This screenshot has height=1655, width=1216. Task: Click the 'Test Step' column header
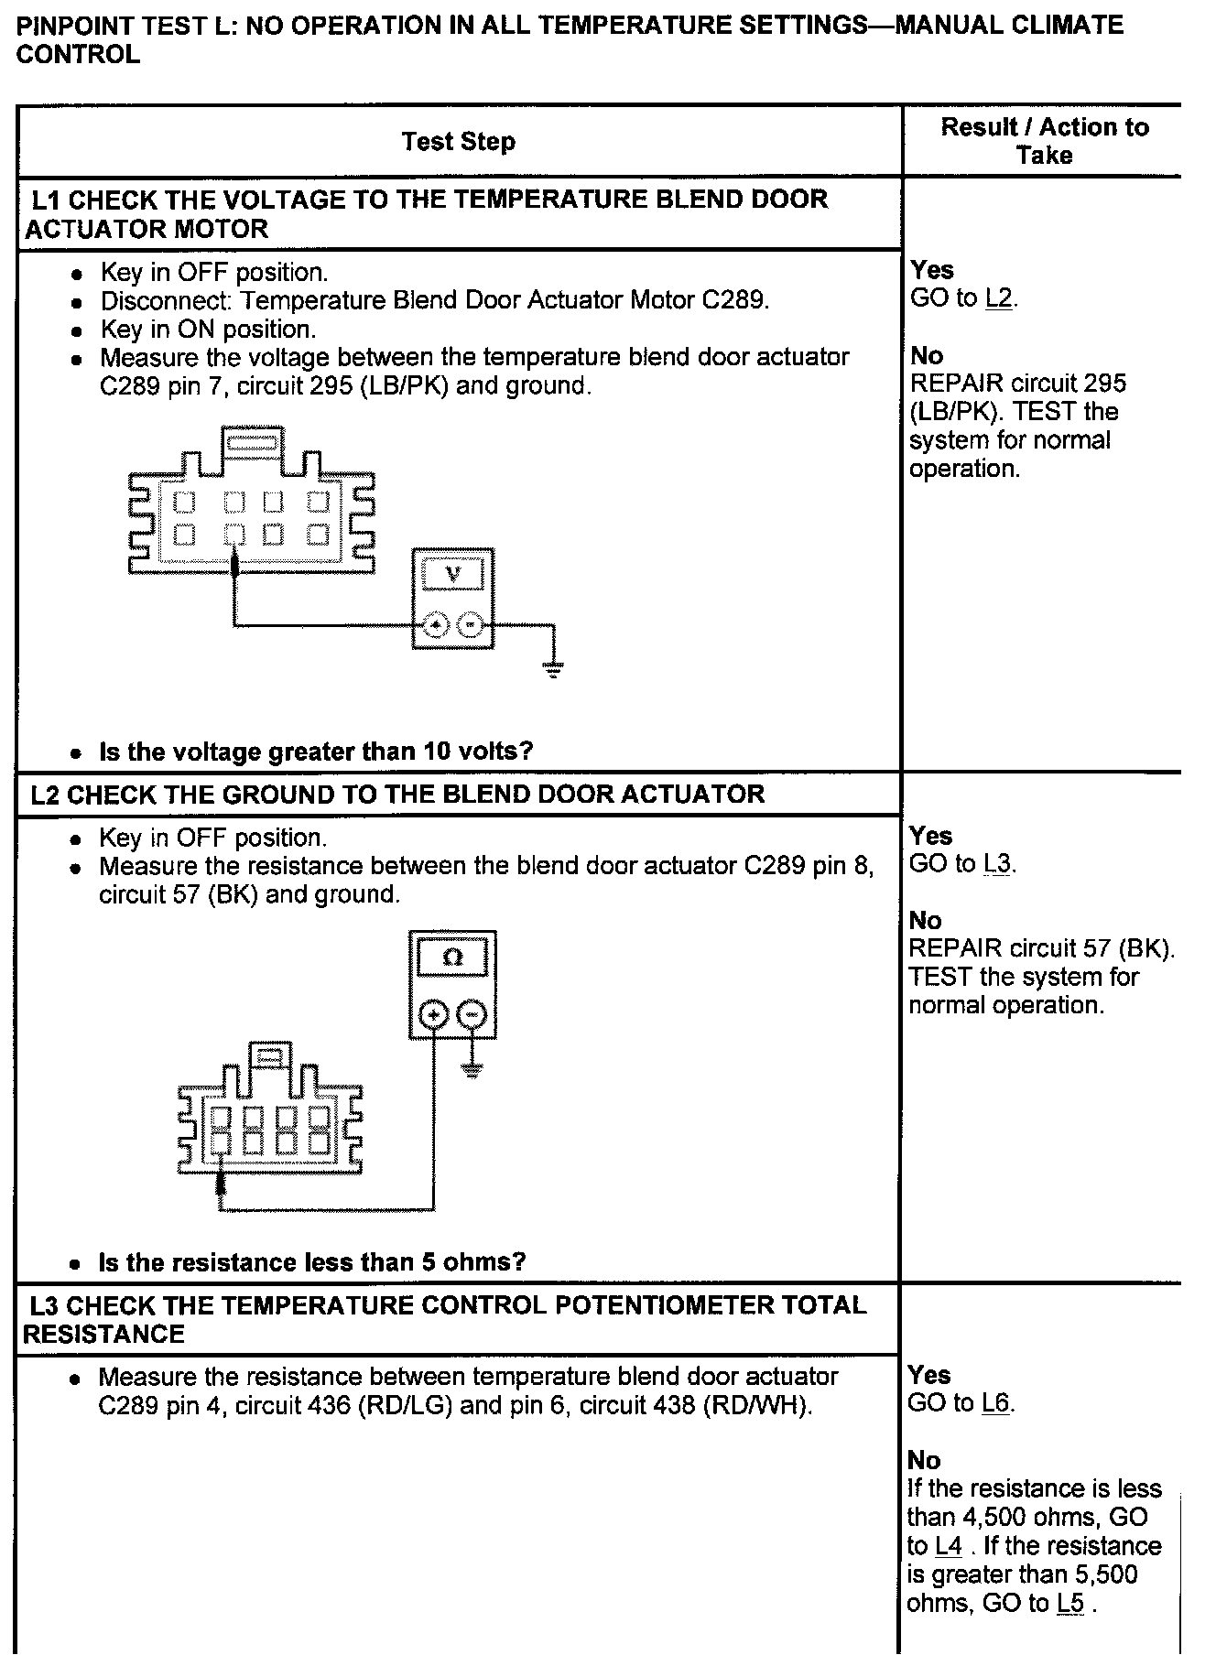coord(458,142)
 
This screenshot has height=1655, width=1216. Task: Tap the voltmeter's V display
coord(452,574)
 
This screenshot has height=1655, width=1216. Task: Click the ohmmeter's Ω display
coord(452,957)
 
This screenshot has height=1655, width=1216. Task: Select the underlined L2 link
coord(999,298)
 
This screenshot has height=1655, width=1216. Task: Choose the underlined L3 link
coord(998,864)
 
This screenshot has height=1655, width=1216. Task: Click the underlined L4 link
coord(948,1546)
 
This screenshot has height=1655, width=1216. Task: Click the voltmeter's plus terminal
coord(436,625)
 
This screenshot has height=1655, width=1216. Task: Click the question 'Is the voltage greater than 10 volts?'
coord(316,752)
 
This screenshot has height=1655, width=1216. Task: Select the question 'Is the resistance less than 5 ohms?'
coord(311,1262)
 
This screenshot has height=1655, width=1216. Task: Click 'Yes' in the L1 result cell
coord(932,270)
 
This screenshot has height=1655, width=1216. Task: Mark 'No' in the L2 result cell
coord(925,920)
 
